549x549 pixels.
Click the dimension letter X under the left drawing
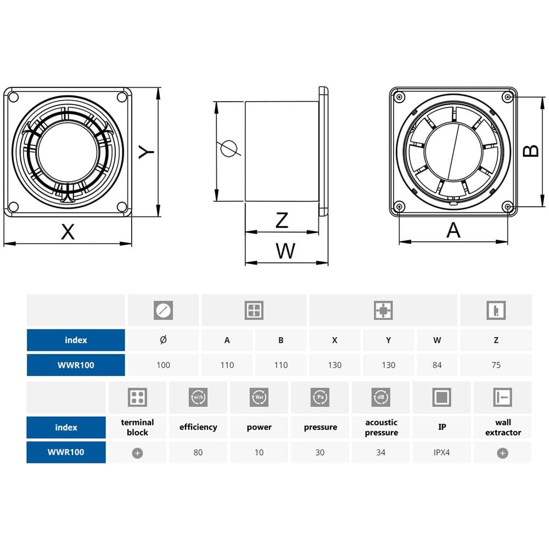coord(68,232)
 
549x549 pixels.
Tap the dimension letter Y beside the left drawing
coord(145,152)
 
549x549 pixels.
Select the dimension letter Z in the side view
coord(282,220)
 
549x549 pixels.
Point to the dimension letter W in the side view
coord(285,251)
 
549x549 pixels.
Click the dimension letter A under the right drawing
coord(453,230)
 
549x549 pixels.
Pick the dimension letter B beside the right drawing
coord(531,151)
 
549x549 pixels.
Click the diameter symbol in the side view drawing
coord(228,149)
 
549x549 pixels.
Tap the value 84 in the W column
coord(437,365)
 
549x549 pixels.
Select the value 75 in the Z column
coord(496,365)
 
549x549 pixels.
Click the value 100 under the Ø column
coord(163,365)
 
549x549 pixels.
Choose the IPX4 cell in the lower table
coord(442,453)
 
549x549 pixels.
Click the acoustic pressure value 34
coord(381,453)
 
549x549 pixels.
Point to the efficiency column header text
coord(198,427)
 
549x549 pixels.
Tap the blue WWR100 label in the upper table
coord(76,365)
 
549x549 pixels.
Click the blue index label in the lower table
coord(66,427)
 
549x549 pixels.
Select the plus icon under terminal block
coord(137,453)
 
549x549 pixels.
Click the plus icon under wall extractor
coord(502,453)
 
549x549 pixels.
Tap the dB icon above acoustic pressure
coord(381,397)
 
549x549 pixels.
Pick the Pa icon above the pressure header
coord(320,397)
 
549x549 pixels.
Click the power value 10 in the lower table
coord(259,453)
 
